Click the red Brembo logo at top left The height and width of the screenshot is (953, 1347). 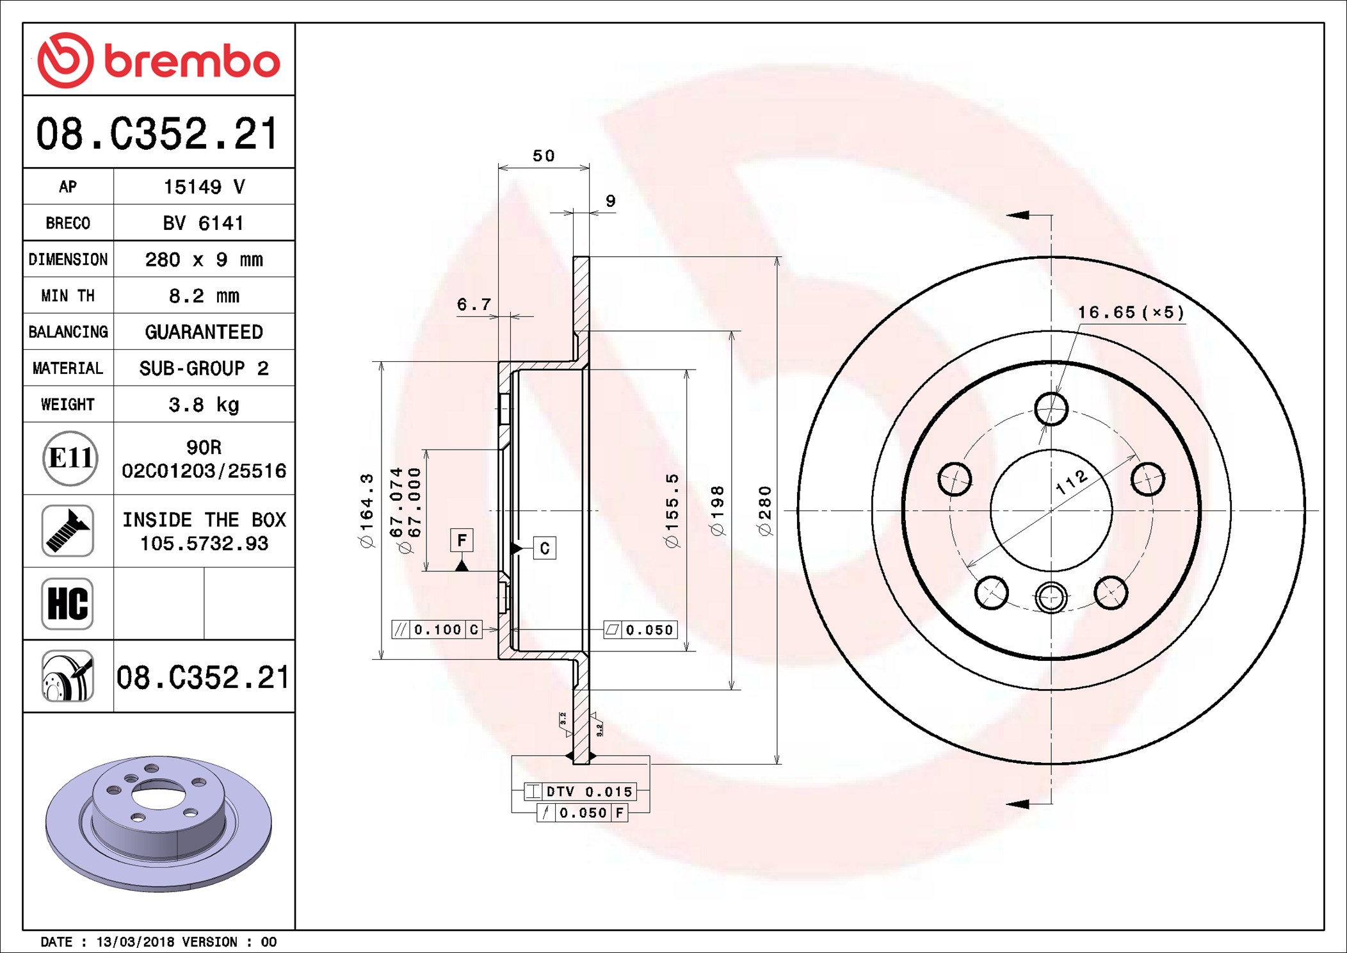(159, 60)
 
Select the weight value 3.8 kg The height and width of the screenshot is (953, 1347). (204, 405)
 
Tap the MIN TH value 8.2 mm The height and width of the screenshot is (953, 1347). (204, 296)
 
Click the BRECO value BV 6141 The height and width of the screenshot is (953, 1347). (203, 223)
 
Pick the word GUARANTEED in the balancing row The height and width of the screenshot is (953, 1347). (204, 332)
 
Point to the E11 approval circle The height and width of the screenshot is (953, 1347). (70, 458)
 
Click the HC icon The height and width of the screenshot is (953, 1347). (67, 603)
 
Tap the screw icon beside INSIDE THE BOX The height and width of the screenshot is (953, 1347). (67, 530)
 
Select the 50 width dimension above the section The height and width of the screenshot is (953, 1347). (544, 156)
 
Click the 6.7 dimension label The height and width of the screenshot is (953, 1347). (474, 304)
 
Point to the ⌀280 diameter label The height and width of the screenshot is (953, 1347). (764, 510)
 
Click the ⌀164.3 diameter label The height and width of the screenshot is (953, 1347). (366, 510)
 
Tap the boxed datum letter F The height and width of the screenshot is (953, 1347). (462, 540)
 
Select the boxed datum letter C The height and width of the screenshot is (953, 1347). (544, 548)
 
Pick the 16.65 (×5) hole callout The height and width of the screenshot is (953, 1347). (1131, 313)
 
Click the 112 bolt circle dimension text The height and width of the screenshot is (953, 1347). (1071, 482)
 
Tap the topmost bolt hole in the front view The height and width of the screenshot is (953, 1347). (1051, 409)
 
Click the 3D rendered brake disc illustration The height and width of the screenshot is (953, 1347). (159, 824)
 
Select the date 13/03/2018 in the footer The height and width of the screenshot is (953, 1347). (135, 942)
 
